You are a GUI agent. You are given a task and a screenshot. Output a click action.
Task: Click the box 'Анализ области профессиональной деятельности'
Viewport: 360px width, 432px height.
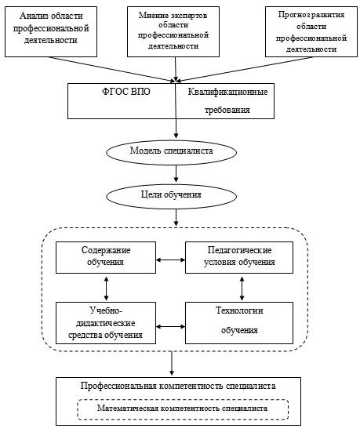51,31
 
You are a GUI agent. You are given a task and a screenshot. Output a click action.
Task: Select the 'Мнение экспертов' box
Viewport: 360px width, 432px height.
173,31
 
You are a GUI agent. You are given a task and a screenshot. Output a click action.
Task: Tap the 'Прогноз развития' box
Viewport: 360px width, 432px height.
311,31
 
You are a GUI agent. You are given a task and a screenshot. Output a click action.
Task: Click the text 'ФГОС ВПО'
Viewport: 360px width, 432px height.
126,92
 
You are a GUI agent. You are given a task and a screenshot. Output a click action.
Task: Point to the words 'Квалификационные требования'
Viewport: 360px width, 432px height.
227,101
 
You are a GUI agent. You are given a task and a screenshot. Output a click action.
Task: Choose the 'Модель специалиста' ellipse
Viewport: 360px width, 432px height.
172,152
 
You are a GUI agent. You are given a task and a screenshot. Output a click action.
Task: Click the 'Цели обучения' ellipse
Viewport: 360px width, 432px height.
172,196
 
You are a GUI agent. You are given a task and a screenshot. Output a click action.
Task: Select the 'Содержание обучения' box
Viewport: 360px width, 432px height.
106,258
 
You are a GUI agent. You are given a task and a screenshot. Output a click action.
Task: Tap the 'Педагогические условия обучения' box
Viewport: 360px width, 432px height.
239,258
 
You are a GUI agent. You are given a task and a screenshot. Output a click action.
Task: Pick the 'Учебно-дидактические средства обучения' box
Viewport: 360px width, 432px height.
106,323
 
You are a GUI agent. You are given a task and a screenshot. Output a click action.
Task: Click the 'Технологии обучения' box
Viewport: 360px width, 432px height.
239,323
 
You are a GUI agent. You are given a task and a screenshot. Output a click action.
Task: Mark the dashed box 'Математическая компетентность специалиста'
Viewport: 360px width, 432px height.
183,410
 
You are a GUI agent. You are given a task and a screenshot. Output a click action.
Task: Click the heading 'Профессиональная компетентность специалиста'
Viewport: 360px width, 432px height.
178,386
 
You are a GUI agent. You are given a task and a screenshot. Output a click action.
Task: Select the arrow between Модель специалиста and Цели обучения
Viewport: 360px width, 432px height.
176,173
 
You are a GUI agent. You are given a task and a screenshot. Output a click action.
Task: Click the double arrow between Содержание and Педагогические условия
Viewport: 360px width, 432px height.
171,260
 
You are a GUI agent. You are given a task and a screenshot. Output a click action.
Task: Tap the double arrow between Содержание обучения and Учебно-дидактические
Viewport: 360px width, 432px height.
107,289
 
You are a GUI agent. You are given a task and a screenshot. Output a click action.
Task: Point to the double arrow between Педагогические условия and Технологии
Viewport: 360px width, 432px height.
242,289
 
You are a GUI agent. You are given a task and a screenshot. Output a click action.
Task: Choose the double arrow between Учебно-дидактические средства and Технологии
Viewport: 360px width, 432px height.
171,327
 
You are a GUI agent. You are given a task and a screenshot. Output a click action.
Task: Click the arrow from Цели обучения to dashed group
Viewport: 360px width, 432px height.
176,217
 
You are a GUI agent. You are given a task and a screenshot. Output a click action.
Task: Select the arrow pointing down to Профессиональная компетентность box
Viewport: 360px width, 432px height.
172,363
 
